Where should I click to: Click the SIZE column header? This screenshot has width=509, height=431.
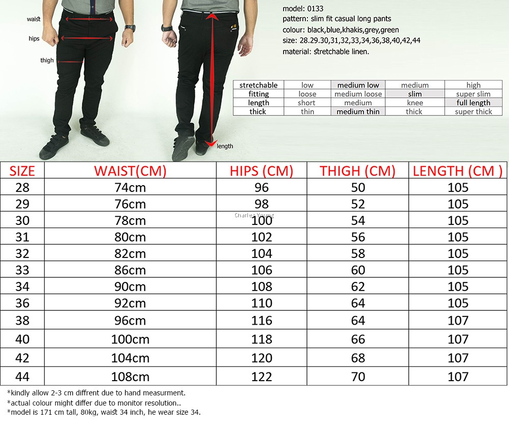(x=22, y=171)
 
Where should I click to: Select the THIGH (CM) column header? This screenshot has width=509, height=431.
(x=357, y=171)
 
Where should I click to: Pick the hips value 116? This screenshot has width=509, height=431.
(x=262, y=320)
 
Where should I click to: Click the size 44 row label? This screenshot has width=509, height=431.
(x=22, y=377)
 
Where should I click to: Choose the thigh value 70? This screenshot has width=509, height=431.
(x=358, y=377)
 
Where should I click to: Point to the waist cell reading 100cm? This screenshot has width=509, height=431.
(x=130, y=339)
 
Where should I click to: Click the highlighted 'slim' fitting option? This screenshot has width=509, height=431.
(x=415, y=94)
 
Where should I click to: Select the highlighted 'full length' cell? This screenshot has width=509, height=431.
(x=473, y=103)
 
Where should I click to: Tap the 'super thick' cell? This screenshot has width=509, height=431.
(x=473, y=111)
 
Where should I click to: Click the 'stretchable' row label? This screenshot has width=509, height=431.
(x=258, y=85)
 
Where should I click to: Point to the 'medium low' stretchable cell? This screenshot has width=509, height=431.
(x=358, y=85)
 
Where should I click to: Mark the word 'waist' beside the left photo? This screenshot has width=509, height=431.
(x=34, y=19)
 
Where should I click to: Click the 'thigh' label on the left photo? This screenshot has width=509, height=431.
(x=47, y=60)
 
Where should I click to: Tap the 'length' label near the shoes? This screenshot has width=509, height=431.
(x=224, y=146)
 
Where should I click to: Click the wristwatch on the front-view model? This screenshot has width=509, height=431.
(x=130, y=28)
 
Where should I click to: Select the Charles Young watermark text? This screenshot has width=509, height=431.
(x=254, y=215)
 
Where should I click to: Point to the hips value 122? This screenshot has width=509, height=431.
(x=262, y=377)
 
